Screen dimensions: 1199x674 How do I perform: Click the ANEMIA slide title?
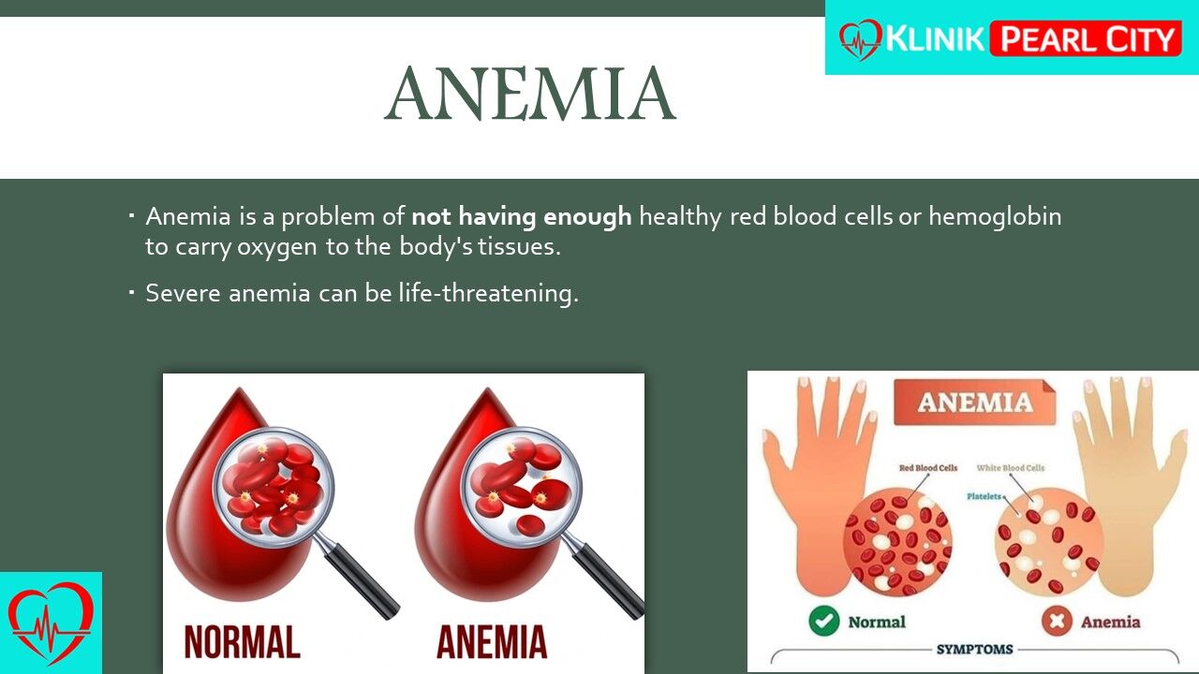[530, 94]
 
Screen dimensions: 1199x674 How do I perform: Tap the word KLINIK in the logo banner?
[935, 39]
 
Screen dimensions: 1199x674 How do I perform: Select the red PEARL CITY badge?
[1086, 38]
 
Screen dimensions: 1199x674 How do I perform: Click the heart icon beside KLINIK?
[860, 39]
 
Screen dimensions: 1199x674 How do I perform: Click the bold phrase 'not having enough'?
[522, 216]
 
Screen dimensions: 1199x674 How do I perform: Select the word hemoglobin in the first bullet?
[995, 216]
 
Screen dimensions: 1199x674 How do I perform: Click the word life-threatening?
[488, 294]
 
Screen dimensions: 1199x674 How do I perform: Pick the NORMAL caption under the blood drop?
[242, 641]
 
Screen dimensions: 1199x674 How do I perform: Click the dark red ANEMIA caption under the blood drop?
[492, 641]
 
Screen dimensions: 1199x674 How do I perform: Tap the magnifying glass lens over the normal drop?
[273, 487]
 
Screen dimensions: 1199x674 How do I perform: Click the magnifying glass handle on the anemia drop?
[608, 581]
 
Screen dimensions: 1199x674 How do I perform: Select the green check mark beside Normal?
[823, 621]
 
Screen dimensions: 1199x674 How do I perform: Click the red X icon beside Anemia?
[1057, 621]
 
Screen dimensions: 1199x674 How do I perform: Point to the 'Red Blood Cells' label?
[928, 468]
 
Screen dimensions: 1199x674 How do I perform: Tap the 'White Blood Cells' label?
[1010, 468]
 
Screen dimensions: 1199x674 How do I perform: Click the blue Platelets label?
[984, 496]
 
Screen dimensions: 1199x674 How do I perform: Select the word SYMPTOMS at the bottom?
[974, 650]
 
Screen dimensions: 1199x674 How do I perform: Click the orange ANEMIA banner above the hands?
[975, 403]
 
